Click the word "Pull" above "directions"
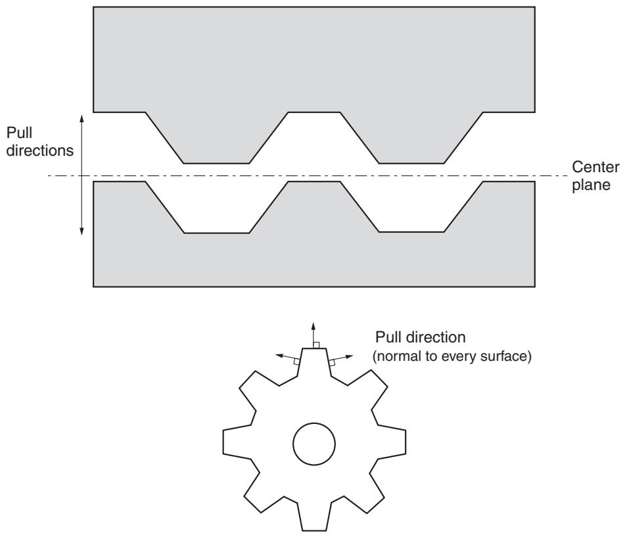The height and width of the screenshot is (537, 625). point(19,133)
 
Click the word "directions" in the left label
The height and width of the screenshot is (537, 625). point(40,151)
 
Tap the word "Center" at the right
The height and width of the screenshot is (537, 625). point(595,167)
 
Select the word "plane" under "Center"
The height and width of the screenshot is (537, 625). point(591,185)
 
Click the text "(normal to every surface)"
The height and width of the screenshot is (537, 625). point(452,356)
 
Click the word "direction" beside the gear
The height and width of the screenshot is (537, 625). point(436,337)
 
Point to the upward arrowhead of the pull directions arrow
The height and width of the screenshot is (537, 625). point(81,118)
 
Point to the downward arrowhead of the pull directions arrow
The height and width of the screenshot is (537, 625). point(81,231)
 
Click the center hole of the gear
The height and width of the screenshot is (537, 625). point(314,444)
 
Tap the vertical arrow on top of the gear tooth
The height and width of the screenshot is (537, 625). point(313,335)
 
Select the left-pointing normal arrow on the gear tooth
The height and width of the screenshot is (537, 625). point(288,357)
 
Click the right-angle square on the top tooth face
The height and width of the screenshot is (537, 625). point(316,345)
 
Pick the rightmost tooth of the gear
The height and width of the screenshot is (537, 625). point(392,441)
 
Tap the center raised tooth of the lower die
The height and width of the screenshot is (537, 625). point(314,206)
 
